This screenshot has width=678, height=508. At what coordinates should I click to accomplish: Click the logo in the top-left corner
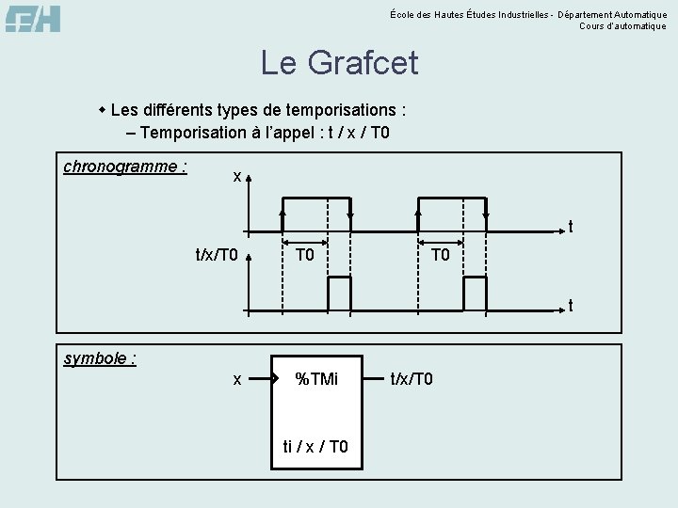pyautogui.click(x=33, y=18)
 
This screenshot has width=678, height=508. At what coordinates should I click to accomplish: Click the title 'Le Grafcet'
pyautogui.click(x=339, y=63)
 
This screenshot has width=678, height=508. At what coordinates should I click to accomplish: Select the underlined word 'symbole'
pyautogui.click(x=99, y=358)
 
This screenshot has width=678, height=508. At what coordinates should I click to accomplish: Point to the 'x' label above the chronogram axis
pyautogui.click(x=238, y=176)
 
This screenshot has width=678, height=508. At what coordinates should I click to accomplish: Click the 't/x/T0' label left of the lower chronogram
pyautogui.click(x=217, y=255)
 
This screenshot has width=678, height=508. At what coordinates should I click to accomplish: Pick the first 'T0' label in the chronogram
pyautogui.click(x=305, y=255)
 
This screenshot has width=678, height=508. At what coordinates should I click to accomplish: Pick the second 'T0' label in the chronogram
pyautogui.click(x=441, y=255)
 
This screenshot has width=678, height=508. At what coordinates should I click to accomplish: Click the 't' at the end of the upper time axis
pyautogui.click(x=570, y=227)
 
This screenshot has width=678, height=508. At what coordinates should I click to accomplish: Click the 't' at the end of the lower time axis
pyautogui.click(x=570, y=305)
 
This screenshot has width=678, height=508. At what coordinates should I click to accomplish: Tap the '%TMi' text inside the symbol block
pyautogui.click(x=316, y=379)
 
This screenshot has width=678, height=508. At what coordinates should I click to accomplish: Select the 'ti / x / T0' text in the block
pyautogui.click(x=315, y=446)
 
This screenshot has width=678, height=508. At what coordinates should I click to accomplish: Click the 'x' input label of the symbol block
pyautogui.click(x=237, y=379)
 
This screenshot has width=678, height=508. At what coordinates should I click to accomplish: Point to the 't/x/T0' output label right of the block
pyautogui.click(x=412, y=379)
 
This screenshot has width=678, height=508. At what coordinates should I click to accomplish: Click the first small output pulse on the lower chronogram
pyautogui.click(x=339, y=294)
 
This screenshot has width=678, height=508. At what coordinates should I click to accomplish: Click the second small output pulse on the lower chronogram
pyautogui.click(x=476, y=294)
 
